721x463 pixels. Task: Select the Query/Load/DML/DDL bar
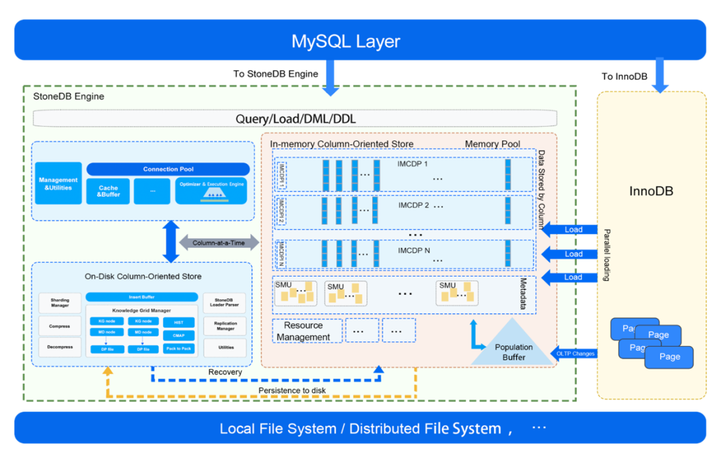coord(295,119)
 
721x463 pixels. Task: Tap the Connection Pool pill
coord(168,169)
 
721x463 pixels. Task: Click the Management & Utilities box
coord(58,184)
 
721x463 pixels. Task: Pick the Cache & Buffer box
coord(108,192)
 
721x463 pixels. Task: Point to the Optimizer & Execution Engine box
coord(211,191)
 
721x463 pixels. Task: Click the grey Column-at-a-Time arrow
coord(218,243)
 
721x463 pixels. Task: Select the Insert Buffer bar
coord(142,297)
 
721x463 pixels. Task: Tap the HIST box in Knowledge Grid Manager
coord(178,322)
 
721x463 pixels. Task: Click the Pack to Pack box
coord(178,349)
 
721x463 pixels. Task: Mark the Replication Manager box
coord(226,326)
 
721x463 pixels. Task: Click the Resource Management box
coord(307,331)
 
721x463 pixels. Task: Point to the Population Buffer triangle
coord(513,348)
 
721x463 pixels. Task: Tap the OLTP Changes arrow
coord(574,353)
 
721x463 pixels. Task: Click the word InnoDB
coord(651,191)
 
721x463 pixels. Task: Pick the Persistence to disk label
coord(292,390)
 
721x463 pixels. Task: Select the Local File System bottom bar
coord(360,428)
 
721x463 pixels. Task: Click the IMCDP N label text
coord(414,251)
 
